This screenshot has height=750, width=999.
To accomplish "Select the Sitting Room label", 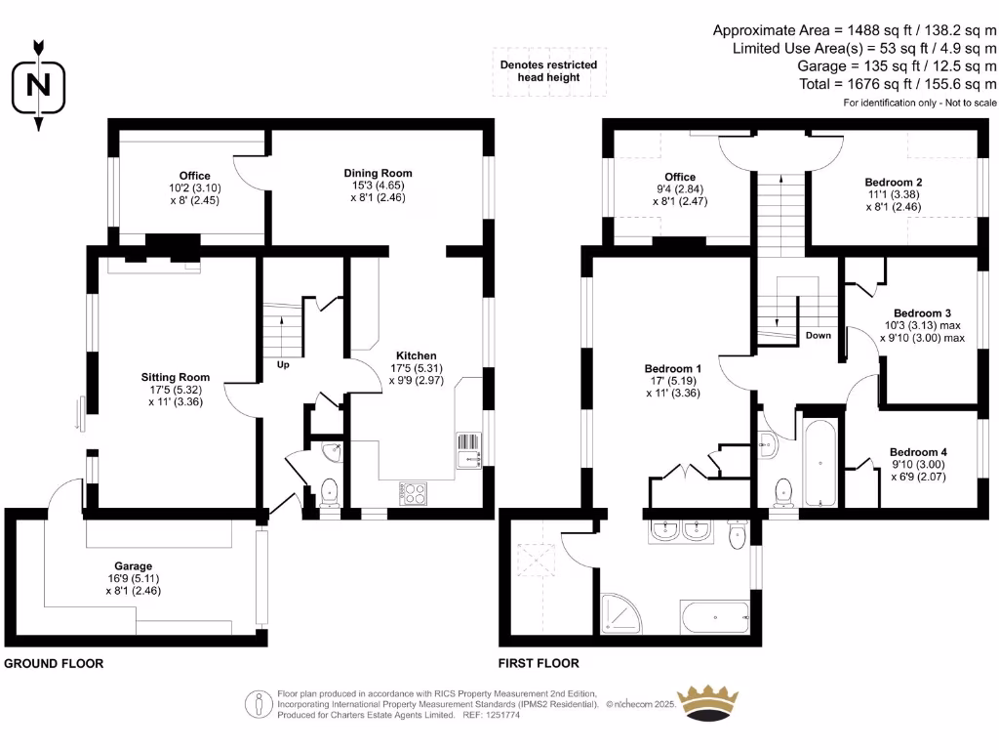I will pos(176,377).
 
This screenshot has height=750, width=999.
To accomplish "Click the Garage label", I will pos(132,565).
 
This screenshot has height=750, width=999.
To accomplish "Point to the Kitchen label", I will pos(416,355).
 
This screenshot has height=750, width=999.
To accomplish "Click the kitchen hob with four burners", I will pos(413,494).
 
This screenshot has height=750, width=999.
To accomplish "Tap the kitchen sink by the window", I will pos(468,448).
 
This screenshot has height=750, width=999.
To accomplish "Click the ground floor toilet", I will pos(329,491).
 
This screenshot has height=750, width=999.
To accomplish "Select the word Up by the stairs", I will pos(283,365).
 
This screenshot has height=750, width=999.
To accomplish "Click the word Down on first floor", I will pos(818,335).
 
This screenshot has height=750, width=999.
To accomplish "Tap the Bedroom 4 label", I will pos(918,452).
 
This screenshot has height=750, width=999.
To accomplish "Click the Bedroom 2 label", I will pos(894,183).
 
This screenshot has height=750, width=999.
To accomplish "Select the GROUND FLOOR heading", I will pos(54,663).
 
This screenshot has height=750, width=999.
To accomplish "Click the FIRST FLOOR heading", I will pos(539,663).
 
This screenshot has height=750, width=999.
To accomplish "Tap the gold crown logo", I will pos(720,702).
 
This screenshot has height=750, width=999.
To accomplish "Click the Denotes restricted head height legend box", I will pos(548,71).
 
